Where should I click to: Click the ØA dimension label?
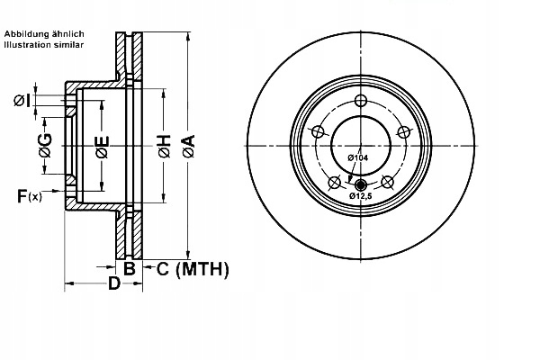point(189,147)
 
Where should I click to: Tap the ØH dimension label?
point(165,147)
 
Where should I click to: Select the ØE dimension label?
point(103,147)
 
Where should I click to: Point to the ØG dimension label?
point(45,145)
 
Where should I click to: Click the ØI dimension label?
point(22,101)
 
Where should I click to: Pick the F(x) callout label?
point(30,196)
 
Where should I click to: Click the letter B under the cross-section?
point(129,268)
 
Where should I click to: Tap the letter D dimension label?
point(114,283)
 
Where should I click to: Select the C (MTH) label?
point(193,269)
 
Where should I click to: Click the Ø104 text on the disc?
point(358,157)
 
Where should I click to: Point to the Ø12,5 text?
point(361,196)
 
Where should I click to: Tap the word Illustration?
point(27,45)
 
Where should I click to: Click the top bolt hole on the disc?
point(361,101)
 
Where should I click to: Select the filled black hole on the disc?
point(361,184)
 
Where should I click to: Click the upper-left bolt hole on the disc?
point(318,131)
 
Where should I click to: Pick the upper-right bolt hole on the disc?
point(403,131)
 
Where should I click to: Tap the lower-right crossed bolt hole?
point(387,182)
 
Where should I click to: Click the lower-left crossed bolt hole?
point(335,182)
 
